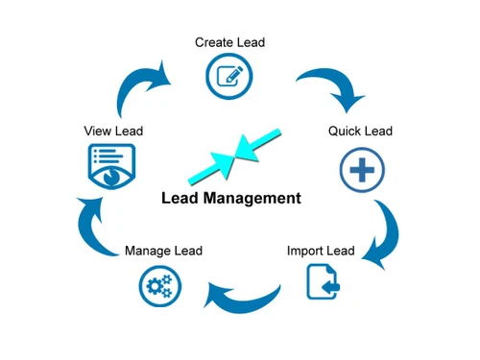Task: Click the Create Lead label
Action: pos(229,42)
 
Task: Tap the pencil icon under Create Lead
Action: pos(229,75)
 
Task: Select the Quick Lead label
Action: pos(360,131)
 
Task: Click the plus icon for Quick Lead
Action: pos(362,171)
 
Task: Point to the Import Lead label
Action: pos(321,251)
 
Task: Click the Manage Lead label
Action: pos(163,251)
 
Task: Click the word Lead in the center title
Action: pos(179,199)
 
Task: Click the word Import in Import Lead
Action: pos(306,251)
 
